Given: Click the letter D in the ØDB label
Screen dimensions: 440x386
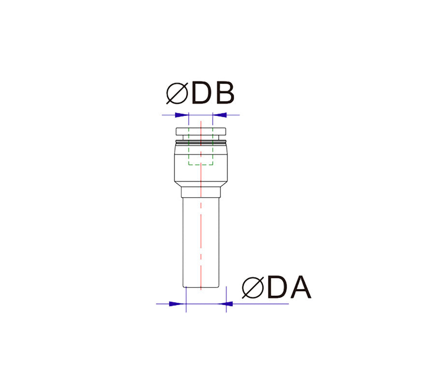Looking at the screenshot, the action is [201, 93].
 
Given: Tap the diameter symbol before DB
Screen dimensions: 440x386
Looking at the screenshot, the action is [177, 93].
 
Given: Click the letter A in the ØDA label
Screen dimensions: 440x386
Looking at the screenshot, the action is [301, 287].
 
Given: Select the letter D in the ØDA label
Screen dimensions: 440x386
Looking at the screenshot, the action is [277, 287].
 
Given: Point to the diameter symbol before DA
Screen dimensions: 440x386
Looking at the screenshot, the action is [253, 288].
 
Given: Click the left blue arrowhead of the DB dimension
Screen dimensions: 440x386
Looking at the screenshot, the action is [182, 115].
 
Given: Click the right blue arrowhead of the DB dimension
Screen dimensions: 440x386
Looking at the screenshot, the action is [219, 115].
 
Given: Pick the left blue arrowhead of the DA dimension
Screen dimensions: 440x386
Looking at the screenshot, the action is [178, 303].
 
